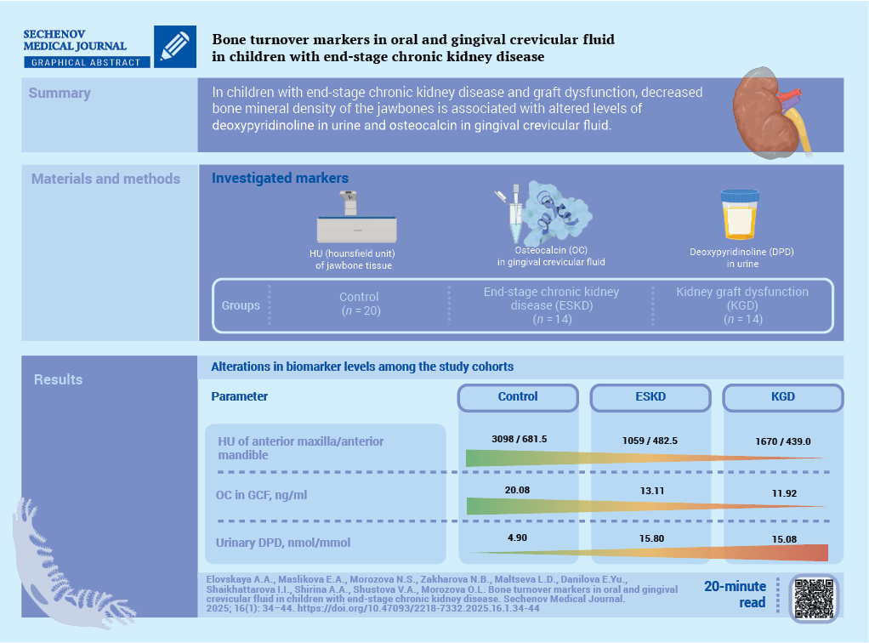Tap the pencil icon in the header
tap(174, 46)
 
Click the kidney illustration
tap(765, 112)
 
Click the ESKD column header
tap(650, 396)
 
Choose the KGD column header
tap(781, 396)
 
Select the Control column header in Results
tap(518, 396)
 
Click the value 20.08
tap(518, 490)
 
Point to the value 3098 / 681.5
tap(519, 439)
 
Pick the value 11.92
tap(782, 492)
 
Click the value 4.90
tap(518, 539)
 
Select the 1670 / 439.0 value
tap(783, 441)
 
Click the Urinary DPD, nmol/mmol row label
tap(284, 543)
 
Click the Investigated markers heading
tap(280, 179)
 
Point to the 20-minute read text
tap(735, 595)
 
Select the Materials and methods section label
tap(105, 179)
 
